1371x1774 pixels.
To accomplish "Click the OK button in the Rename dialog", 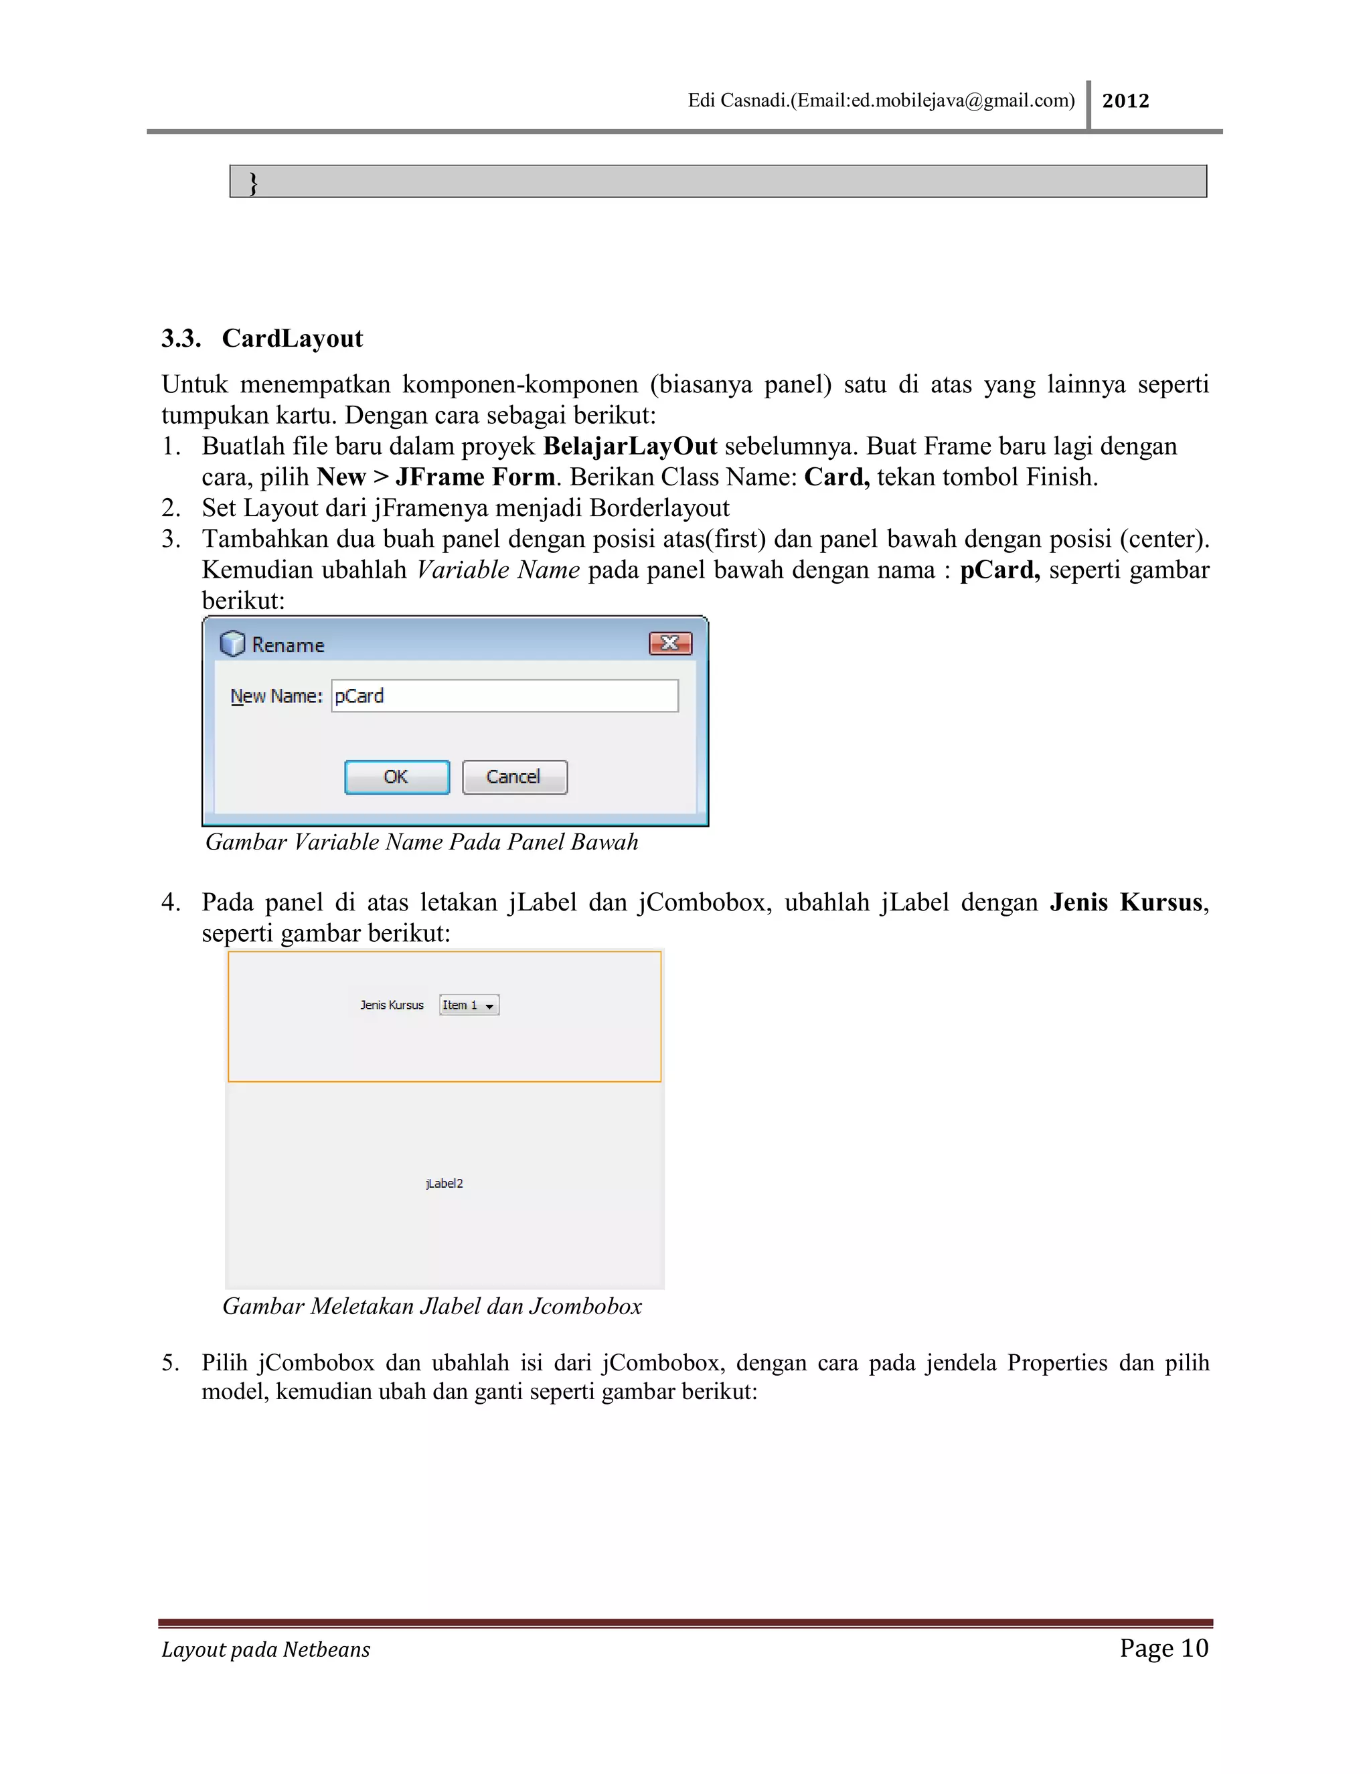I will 396,777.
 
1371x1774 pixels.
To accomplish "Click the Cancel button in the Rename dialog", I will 514,777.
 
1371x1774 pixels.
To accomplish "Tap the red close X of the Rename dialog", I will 670,643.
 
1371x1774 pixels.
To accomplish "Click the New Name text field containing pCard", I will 504,696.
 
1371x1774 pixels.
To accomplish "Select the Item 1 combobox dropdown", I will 469,1005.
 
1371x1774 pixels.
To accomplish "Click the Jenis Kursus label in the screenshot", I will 392,1005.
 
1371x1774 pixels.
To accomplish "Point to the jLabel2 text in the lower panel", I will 445,1184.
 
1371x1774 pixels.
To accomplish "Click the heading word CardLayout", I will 293,338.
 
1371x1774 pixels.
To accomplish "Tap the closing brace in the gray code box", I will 252,183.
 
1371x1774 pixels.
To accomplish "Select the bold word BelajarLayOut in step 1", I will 630,446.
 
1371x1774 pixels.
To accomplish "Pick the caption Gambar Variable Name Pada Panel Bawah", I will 422,842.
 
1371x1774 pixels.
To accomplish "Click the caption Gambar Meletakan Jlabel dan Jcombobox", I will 432,1306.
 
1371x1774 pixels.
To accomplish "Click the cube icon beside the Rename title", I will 232,644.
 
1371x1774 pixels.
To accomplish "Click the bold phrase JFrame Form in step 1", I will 475,477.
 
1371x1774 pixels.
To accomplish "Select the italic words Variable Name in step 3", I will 498,570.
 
